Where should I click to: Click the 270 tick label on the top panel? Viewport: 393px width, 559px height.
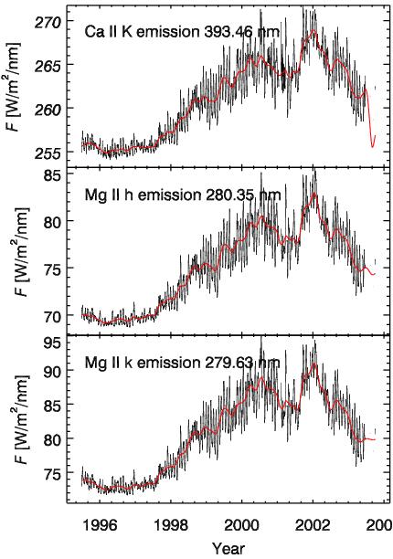[48, 23]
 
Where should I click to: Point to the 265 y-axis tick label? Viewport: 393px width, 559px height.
[48, 66]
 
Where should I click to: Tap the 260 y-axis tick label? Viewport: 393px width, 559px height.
[48, 109]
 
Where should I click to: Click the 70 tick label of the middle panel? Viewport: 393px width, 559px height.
[53, 316]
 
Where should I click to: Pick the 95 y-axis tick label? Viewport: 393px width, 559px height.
[53, 344]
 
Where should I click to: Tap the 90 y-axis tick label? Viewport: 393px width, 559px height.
[53, 371]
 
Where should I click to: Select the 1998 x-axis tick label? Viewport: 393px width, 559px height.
[171, 525]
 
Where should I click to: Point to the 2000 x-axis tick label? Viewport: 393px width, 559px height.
[242, 525]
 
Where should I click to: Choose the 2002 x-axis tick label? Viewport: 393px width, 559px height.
[313, 525]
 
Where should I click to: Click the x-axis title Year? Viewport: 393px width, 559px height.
[228, 548]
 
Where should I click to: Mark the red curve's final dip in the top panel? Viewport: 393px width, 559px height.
[372, 146]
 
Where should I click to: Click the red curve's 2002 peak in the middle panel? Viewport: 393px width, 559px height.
[313, 193]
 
